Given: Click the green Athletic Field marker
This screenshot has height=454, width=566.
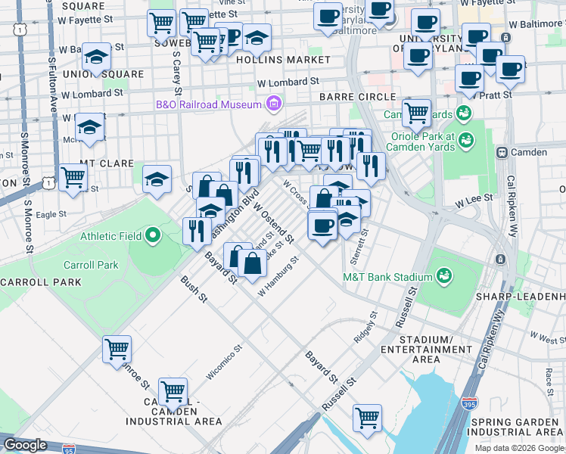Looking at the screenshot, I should (153, 235).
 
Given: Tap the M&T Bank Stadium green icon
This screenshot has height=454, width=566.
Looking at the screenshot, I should (443, 277).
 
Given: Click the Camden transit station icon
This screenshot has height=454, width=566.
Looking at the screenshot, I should (502, 152).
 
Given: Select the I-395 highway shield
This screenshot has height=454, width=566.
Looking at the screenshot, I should (470, 403).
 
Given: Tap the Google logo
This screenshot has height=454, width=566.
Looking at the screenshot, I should (26, 444).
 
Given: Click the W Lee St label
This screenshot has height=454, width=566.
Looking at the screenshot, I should (474, 198).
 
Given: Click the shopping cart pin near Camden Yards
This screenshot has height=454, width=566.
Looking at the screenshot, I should (416, 113).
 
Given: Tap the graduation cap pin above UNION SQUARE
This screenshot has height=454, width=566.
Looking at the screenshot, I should (95, 58).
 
